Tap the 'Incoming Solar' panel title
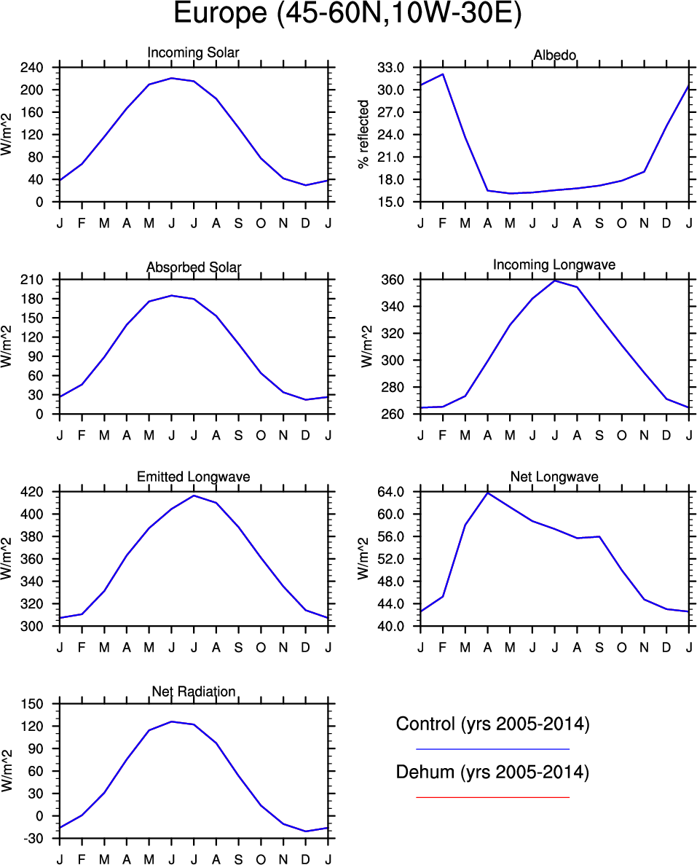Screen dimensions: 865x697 click(193, 53)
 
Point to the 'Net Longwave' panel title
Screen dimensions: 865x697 click(554, 477)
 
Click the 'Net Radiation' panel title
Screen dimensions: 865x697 click(193, 691)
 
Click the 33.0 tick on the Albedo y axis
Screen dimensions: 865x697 click(393, 68)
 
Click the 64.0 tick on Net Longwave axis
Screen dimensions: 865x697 click(393, 492)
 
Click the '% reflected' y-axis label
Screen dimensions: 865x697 click(364, 135)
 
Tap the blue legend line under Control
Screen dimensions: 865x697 click(492, 748)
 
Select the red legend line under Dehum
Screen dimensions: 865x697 click(492, 797)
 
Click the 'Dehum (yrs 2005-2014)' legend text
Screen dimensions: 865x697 click(492, 772)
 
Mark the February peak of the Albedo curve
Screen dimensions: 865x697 click(443, 74)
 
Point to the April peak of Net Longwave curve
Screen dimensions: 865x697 click(487, 493)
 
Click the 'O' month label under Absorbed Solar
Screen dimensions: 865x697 click(261, 435)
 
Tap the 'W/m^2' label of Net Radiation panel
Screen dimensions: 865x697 click(7, 771)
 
